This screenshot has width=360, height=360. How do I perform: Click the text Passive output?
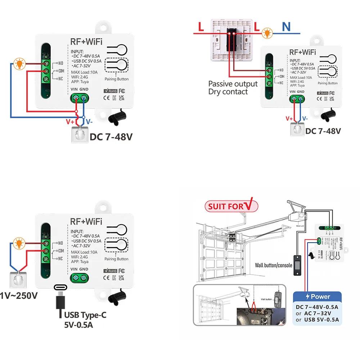click(x=233, y=84)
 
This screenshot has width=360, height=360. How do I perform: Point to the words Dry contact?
click(x=228, y=92)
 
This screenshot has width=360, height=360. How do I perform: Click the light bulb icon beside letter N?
click(x=267, y=33)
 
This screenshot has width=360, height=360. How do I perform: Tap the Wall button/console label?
click(x=274, y=265)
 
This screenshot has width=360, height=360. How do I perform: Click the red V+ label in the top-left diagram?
click(x=70, y=122)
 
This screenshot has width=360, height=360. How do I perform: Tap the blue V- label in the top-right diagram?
click(x=305, y=118)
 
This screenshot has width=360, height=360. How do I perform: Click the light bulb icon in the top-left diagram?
click(x=18, y=64)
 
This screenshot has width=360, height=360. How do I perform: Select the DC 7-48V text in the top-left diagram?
click(x=111, y=137)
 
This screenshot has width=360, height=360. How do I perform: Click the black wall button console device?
click(x=297, y=266)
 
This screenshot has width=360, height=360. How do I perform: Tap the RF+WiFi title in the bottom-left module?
click(x=86, y=221)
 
